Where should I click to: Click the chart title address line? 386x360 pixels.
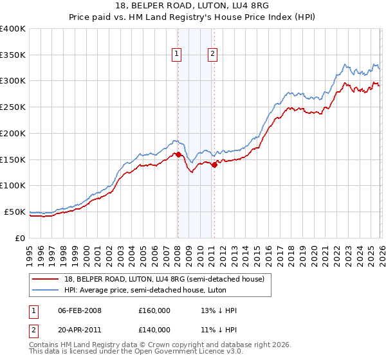coord(193,6)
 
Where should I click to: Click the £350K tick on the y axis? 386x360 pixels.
coord(13,55)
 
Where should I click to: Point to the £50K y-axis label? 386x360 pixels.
coord(15,212)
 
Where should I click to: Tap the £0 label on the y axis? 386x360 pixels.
coord(20,238)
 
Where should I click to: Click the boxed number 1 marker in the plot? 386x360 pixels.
coord(176,55)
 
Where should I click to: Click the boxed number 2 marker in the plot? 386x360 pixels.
coord(212,55)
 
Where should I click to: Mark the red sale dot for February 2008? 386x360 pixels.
coord(178,154)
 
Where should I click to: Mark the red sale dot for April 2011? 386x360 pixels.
coord(214,165)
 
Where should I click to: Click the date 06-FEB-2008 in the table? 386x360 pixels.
coord(80,310)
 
